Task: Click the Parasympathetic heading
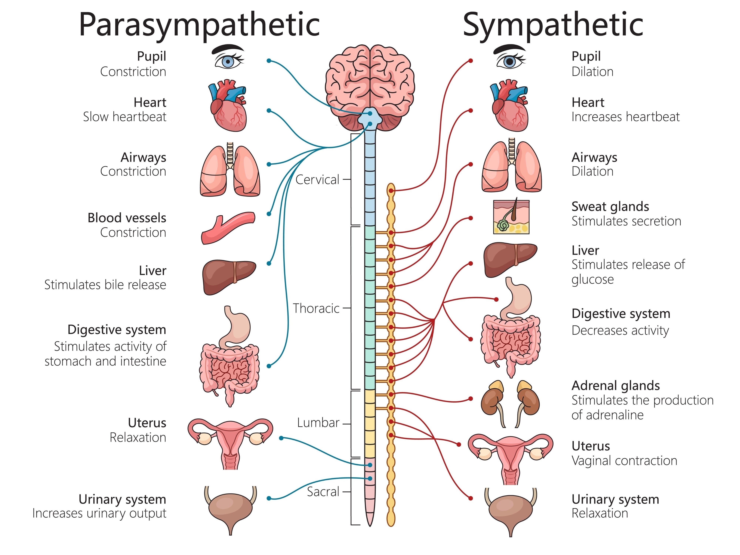(199, 25)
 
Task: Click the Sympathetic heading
(553, 25)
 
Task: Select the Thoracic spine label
(316, 308)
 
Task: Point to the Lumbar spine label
(318, 423)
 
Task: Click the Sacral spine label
(323, 492)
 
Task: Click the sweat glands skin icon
(511, 217)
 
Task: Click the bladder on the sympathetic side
(511, 510)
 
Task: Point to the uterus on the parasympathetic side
(230, 442)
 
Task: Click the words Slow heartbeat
(125, 117)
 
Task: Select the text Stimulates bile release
(105, 285)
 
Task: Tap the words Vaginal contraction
(624, 461)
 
